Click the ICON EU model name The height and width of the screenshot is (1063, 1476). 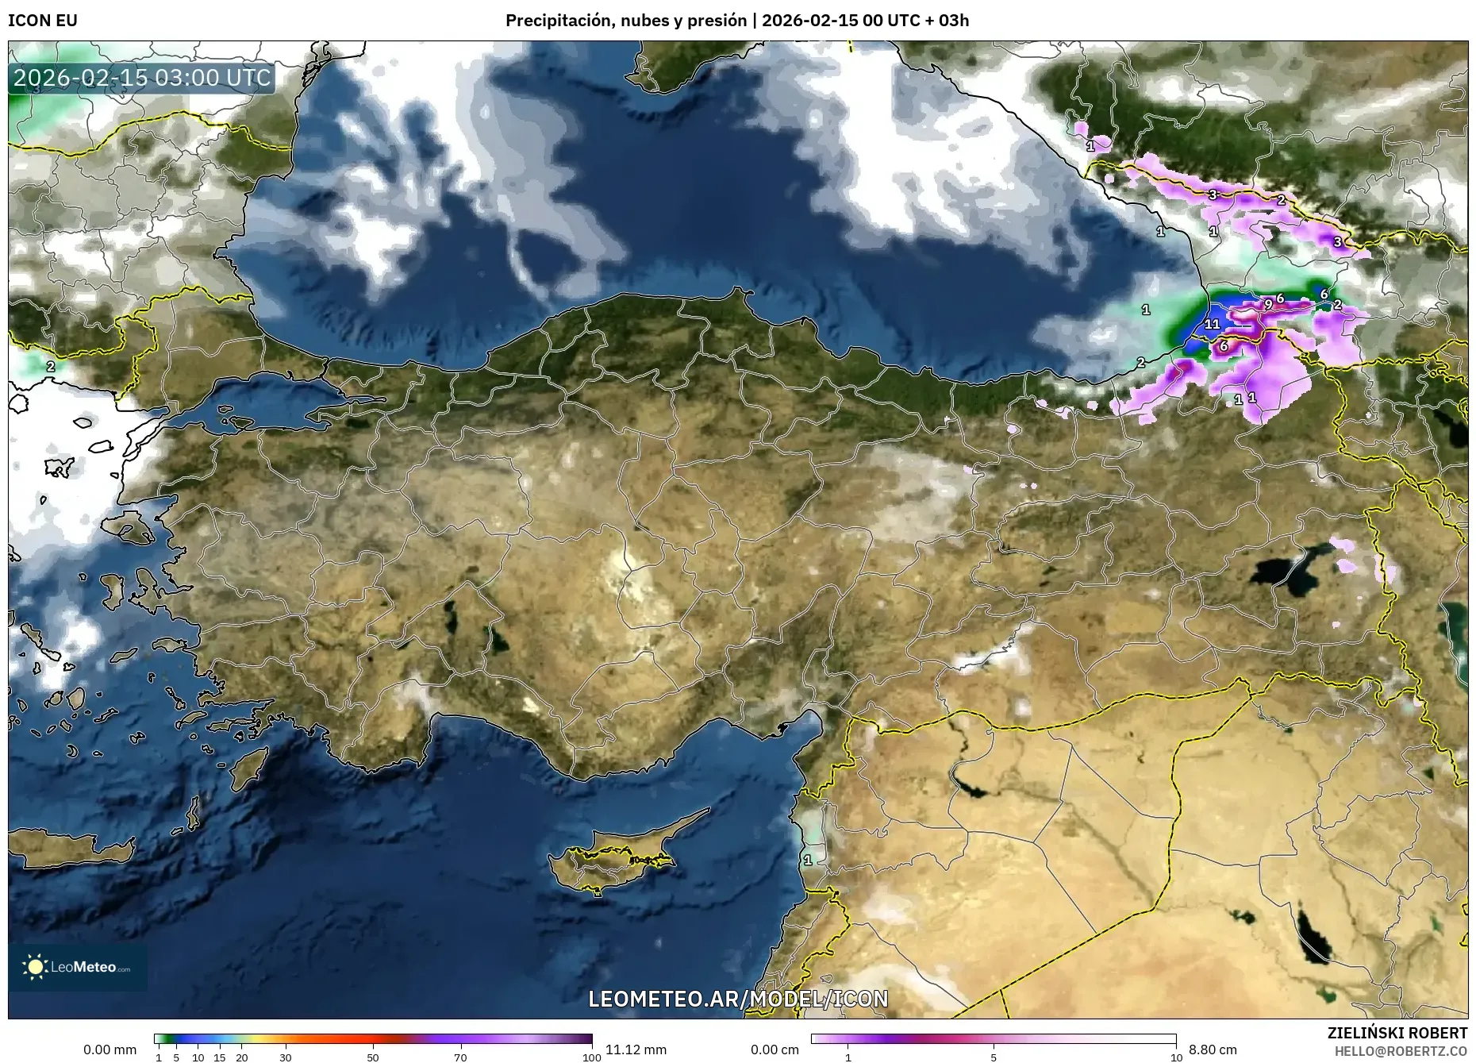pos(43,21)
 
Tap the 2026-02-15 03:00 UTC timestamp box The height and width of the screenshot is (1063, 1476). pos(142,78)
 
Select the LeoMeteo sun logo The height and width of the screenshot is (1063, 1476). pos(35,967)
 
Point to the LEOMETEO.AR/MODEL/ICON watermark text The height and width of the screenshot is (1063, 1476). pos(738,998)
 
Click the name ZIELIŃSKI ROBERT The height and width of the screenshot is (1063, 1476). pos(1397,1033)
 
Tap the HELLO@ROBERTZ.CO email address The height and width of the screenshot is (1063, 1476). pos(1401,1051)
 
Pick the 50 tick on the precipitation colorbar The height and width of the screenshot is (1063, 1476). pos(373,1057)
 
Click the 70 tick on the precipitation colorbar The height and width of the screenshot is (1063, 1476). pos(460,1057)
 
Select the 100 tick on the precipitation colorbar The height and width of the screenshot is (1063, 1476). pos(591,1057)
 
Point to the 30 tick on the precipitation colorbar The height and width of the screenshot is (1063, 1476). pos(286,1057)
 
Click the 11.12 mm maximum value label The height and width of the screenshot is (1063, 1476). pos(636,1050)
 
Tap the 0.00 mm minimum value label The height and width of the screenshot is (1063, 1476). pos(110,1050)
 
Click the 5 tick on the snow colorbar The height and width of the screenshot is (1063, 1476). pos(994,1057)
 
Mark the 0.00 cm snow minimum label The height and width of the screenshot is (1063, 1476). pos(775,1050)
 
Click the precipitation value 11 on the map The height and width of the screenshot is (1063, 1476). pos(1212,324)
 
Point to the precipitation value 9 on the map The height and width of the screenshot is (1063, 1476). pos(1268,304)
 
